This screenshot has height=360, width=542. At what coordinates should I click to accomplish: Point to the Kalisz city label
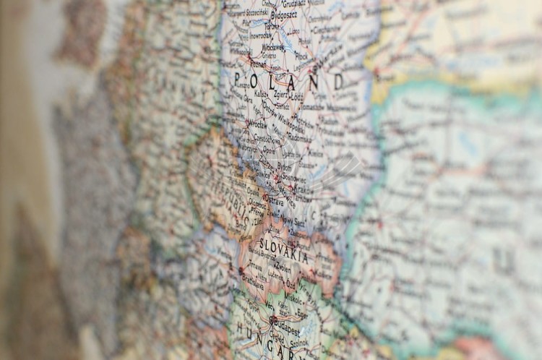(x=261, y=94)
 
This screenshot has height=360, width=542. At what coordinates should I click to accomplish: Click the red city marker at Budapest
(x=272, y=319)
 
